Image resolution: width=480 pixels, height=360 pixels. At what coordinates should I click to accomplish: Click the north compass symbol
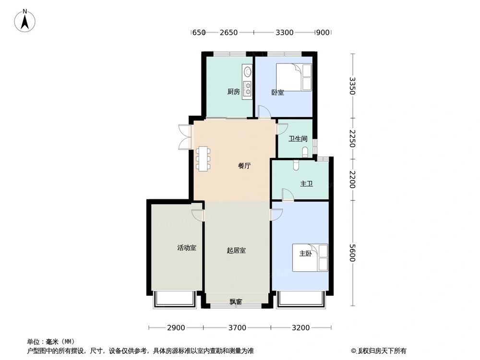pyautogui.click(x=24, y=21)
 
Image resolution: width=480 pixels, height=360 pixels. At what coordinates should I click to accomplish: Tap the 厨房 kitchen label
pyautogui.click(x=233, y=92)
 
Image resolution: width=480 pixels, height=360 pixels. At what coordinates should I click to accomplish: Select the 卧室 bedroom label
pyautogui.click(x=277, y=93)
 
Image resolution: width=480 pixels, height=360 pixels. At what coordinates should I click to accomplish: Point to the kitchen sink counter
pyautogui.click(x=247, y=82)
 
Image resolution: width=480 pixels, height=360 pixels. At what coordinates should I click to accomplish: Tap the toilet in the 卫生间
pyautogui.click(x=306, y=153)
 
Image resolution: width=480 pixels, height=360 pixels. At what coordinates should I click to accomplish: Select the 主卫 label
pyautogui.click(x=306, y=184)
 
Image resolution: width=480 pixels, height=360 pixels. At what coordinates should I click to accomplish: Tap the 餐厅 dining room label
pyautogui.click(x=244, y=167)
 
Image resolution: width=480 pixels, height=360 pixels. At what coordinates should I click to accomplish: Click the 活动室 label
pyautogui.click(x=186, y=248)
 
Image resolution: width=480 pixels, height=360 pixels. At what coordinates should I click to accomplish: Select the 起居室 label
pyautogui.click(x=236, y=250)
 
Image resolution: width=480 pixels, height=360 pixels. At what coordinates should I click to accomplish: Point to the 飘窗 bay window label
pyautogui.click(x=236, y=302)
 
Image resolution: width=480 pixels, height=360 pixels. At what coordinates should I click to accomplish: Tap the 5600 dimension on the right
pyautogui.click(x=353, y=253)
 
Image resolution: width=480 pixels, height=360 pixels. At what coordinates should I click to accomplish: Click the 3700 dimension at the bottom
pyautogui.click(x=237, y=328)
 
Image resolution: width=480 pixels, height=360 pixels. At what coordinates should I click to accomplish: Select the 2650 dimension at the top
pyautogui.click(x=229, y=33)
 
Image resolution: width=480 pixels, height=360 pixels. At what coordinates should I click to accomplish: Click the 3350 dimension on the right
pyautogui.click(x=353, y=85)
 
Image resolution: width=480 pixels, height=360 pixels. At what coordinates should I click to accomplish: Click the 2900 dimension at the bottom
pyautogui.click(x=176, y=328)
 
